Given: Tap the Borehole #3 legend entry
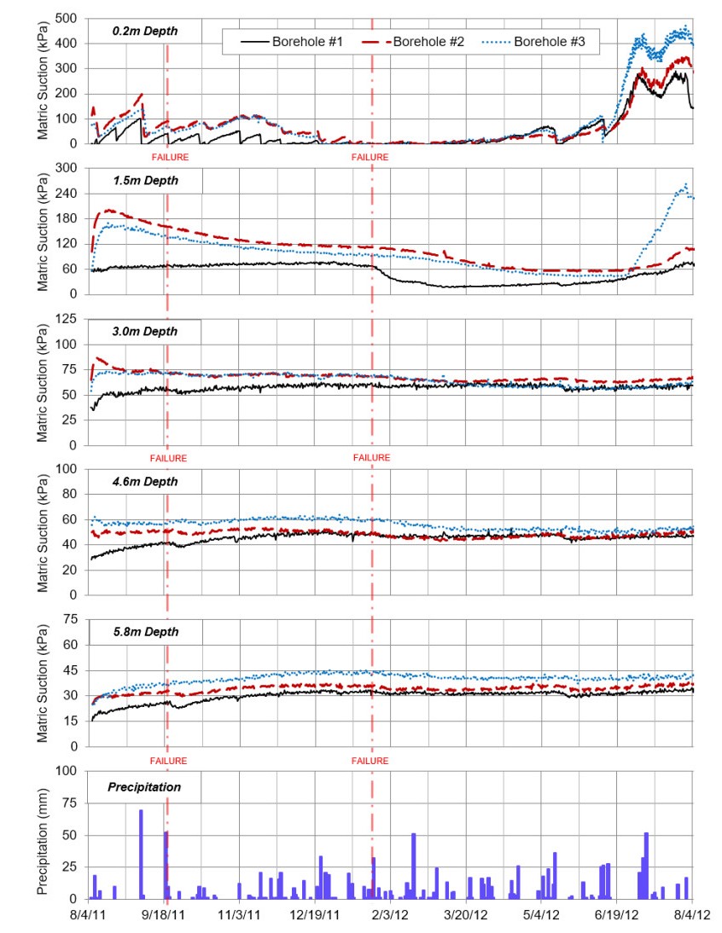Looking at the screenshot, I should tap(550, 41).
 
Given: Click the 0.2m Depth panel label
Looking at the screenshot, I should tap(144, 32).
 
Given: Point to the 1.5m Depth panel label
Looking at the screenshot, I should tap(144, 181).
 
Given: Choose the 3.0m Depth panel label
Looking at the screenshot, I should tap(144, 331).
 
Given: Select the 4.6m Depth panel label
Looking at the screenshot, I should tap(144, 482).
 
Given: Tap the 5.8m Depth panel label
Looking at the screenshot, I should tap(144, 632).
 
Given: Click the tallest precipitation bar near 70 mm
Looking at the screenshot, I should tap(141, 853).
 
